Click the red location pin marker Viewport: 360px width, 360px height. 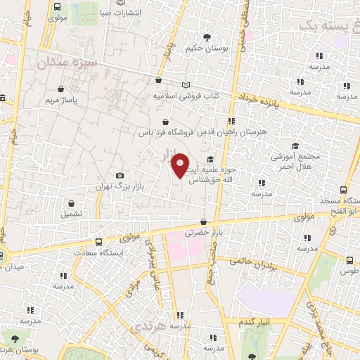tap(180, 165)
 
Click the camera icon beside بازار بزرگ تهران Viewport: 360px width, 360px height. tap(120, 175)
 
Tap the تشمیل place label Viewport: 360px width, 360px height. tap(70, 212)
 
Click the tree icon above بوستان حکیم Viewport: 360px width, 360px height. tap(206, 37)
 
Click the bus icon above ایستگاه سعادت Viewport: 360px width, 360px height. tap(98, 241)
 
